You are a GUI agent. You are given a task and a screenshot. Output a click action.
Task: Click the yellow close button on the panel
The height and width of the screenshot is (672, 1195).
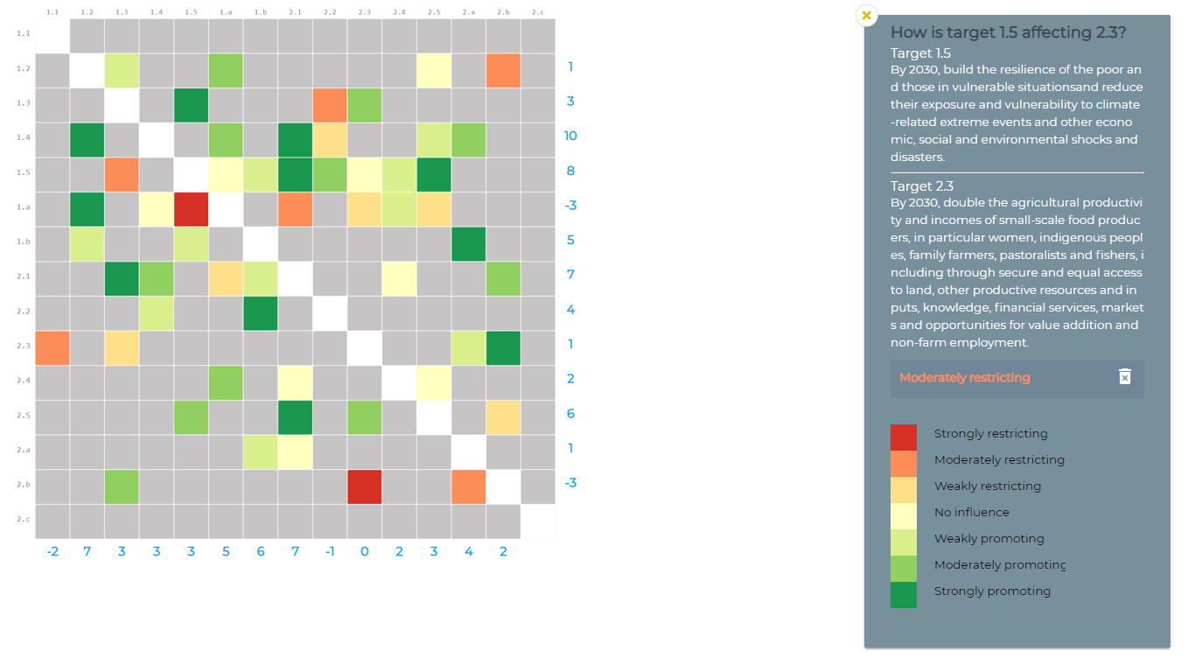pyautogui.click(x=866, y=15)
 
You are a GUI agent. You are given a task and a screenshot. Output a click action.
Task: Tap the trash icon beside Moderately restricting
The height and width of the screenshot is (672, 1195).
pyautogui.click(x=1125, y=377)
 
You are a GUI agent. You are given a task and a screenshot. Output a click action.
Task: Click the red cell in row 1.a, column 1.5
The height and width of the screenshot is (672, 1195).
pyautogui.click(x=191, y=209)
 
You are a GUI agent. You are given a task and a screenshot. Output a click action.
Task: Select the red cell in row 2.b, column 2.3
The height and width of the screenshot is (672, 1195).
pyautogui.click(x=364, y=486)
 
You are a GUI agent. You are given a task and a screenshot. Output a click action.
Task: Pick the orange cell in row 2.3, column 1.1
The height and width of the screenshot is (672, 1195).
pyautogui.click(x=52, y=347)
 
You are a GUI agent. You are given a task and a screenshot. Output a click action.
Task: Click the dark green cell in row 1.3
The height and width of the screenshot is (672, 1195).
pyautogui.click(x=191, y=105)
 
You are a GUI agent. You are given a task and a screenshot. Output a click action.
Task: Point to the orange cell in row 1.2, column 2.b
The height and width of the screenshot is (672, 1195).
pyautogui.click(x=503, y=71)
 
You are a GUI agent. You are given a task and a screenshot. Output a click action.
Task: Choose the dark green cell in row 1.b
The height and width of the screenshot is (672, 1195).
pyautogui.click(x=468, y=244)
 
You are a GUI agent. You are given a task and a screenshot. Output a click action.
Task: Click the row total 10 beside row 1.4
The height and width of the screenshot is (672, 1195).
pyautogui.click(x=570, y=136)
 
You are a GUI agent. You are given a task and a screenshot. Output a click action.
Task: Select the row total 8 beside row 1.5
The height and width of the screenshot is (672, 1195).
pyautogui.click(x=570, y=171)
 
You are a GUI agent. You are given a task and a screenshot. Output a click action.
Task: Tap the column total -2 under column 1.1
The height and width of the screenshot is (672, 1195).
pyautogui.click(x=52, y=551)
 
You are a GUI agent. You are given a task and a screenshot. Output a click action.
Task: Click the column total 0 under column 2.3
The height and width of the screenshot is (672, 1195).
pyautogui.click(x=364, y=551)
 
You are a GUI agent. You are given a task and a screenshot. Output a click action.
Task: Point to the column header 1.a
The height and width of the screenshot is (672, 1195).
pyautogui.click(x=226, y=12)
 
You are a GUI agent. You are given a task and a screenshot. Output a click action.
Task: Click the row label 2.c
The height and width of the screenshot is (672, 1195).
pyautogui.click(x=24, y=519)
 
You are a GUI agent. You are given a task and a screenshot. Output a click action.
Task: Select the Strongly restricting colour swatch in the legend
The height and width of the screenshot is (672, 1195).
pyautogui.click(x=904, y=437)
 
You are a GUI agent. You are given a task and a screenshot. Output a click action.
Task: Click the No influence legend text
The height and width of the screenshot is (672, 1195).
pyautogui.click(x=971, y=512)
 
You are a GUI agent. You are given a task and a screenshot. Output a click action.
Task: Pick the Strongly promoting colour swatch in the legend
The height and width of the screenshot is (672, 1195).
pyautogui.click(x=904, y=595)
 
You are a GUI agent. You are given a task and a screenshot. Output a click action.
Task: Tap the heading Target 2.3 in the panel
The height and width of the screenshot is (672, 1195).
pyautogui.click(x=922, y=185)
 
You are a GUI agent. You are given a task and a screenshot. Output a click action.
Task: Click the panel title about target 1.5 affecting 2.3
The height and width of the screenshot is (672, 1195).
pyautogui.click(x=1008, y=32)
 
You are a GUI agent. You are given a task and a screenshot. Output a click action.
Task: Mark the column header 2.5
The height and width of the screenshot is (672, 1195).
pyautogui.click(x=434, y=12)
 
